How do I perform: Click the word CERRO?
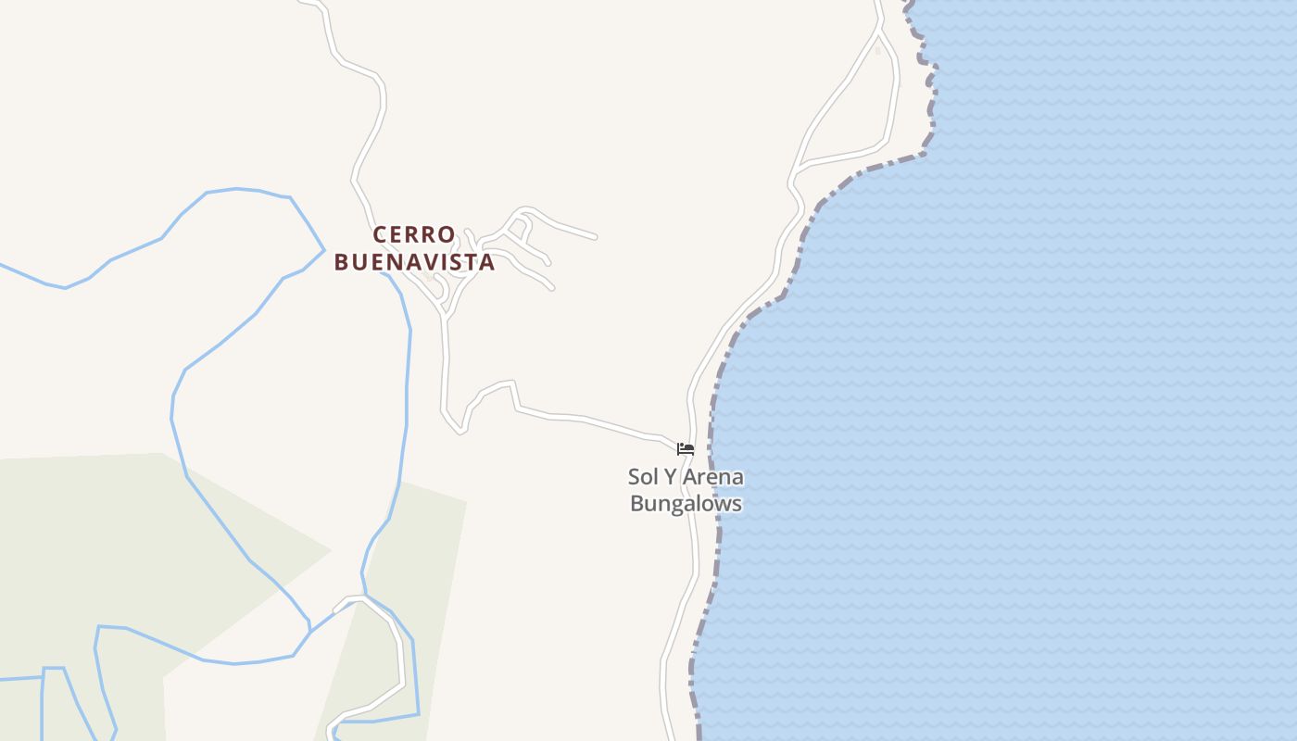(414, 234)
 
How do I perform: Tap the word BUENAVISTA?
(414, 262)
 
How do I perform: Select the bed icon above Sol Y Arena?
(686, 449)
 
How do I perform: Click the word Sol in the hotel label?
(643, 478)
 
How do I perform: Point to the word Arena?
(713, 478)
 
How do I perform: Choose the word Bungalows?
(686, 504)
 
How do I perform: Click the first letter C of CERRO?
(380, 234)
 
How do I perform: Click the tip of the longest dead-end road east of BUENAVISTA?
(594, 237)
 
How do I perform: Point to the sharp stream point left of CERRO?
(323, 249)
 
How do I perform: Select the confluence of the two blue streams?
(363, 598)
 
